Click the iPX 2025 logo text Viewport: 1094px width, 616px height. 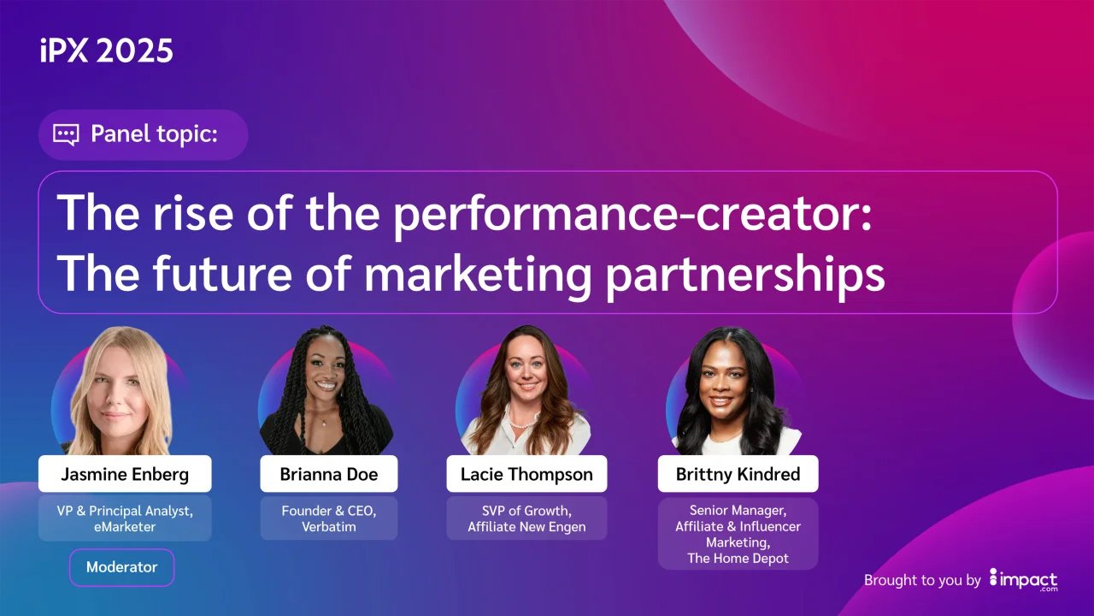(x=107, y=50)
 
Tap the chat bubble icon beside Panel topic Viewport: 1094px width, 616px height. (x=66, y=135)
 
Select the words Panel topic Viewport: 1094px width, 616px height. (x=154, y=134)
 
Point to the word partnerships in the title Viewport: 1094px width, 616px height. (x=745, y=275)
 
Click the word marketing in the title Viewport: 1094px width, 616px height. (x=478, y=275)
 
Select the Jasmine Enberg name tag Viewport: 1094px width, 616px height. (x=125, y=474)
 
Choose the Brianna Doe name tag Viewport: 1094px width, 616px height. (x=329, y=474)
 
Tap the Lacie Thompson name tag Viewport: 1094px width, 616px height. (x=526, y=474)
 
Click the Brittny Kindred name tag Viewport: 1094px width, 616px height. (x=738, y=474)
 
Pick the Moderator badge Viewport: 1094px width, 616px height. (x=121, y=567)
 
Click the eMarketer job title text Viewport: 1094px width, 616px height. (x=125, y=527)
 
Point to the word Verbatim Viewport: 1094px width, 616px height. (x=329, y=527)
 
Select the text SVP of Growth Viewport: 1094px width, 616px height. (x=526, y=511)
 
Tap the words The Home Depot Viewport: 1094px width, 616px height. (x=738, y=559)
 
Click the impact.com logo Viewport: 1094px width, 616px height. (x=1023, y=580)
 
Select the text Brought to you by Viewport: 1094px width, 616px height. (x=922, y=580)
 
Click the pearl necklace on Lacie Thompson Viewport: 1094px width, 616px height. (x=518, y=419)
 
